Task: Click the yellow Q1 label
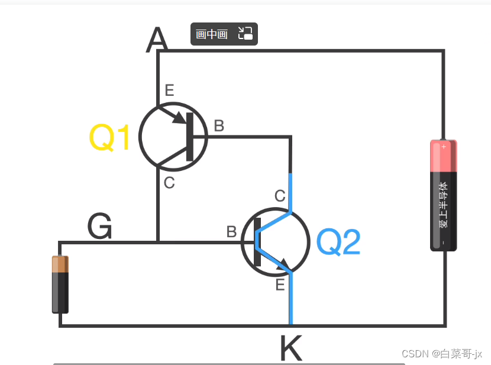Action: pos(109,138)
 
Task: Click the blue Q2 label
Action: pos(338,243)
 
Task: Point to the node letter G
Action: pos(99,227)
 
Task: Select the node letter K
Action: pos(290,349)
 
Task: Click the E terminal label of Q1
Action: pos(170,91)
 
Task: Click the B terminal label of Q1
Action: pos(219,125)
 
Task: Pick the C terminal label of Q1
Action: pos(169,183)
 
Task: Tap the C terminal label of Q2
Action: pos(280,196)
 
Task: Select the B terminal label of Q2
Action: pos(231,232)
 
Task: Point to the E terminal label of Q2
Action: pos(280,285)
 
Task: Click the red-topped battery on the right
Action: pos(444,195)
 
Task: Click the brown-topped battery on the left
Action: pos(60,284)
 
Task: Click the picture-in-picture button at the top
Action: pos(224,34)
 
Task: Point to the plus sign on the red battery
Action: pos(444,146)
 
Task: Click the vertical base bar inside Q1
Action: pos(189,136)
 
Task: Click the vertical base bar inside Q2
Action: pos(257,243)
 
